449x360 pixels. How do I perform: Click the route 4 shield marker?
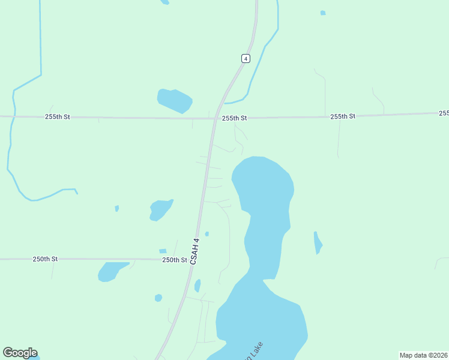(x=246, y=58)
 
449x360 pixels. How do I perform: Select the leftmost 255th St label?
(x=58, y=116)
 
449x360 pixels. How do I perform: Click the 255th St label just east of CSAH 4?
(x=234, y=118)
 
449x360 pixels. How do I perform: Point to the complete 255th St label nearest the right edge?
(x=343, y=116)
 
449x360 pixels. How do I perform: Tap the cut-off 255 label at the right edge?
(x=444, y=113)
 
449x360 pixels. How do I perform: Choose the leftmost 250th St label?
(x=45, y=259)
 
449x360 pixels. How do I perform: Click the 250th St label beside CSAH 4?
(x=175, y=260)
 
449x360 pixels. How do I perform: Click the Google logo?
(x=20, y=353)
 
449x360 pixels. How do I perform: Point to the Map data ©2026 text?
(x=423, y=355)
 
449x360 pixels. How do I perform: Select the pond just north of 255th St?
(x=174, y=100)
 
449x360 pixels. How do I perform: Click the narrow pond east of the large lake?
(x=318, y=242)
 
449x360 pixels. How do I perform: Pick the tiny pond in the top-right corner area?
(x=323, y=13)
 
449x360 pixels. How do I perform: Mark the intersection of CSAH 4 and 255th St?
(x=215, y=118)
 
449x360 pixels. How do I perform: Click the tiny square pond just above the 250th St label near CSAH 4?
(x=163, y=251)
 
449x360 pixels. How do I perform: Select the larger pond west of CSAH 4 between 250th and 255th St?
(x=160, y=209)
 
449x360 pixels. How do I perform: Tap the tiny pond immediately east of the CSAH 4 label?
(x=207, y=233)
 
